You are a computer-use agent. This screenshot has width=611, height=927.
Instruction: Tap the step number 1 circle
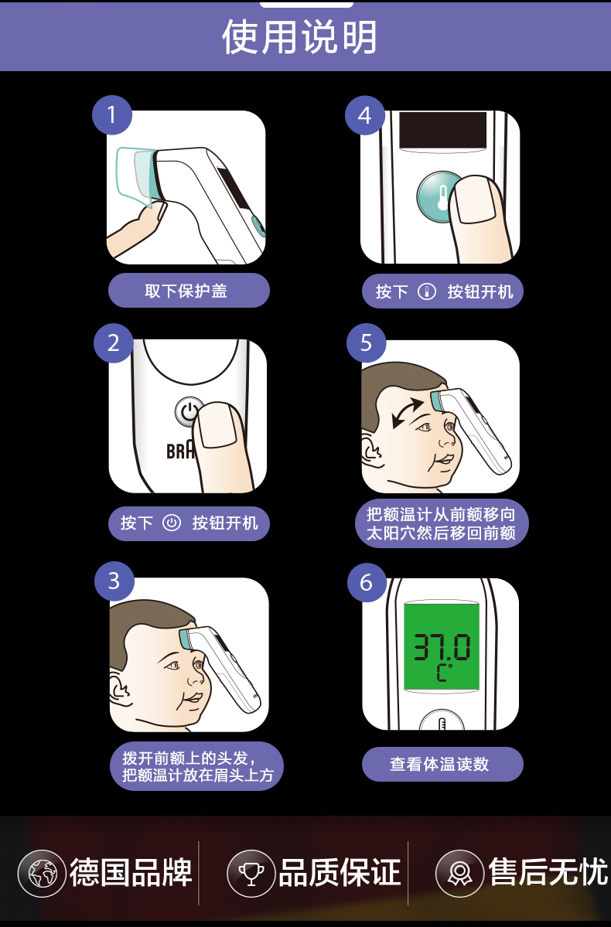pyautogui.click(x=111, y=115)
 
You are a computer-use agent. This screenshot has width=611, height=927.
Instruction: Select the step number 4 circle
pyautogui.click(x=364, y=115)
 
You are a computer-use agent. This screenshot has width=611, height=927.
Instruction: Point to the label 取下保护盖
pyautogui.click(x=188, y=291)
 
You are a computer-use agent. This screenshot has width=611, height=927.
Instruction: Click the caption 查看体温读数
pyautogui.click(x=442, y=764)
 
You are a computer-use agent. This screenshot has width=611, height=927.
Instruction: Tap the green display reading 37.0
pyautogui.click(x=441, y=646)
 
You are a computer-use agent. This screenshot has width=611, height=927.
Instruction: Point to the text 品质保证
pyautogui.click(x=340, y=872)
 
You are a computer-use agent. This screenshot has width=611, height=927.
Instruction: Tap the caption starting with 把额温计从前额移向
pyautogui.click(x=441, y=523)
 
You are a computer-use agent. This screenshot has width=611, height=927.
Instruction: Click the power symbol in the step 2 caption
pyautogui.click(x=172, y=523)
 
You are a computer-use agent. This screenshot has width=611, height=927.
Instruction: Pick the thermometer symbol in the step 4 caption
pyautogui.click(x=426, y=291)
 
